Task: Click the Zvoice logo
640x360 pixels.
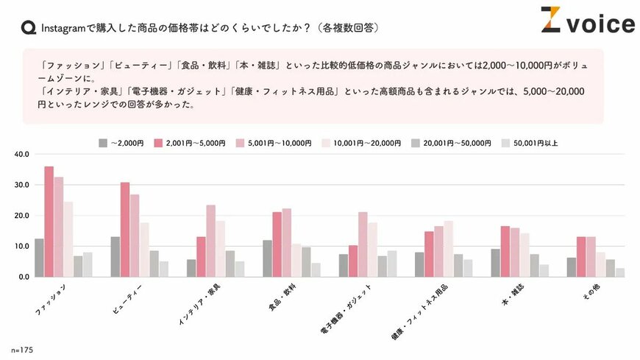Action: (587, 22)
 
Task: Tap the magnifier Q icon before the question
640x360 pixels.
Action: (28, 28)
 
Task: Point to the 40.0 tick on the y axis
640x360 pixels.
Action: (21, 155)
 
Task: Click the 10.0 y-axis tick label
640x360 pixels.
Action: (21, 246)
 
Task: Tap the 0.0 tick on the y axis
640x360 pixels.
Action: (23, 277)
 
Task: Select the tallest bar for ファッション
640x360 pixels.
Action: (49, 222)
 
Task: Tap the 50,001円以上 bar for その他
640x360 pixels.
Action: (620, 272)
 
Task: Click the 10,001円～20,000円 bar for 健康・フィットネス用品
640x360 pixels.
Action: (449, 249)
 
